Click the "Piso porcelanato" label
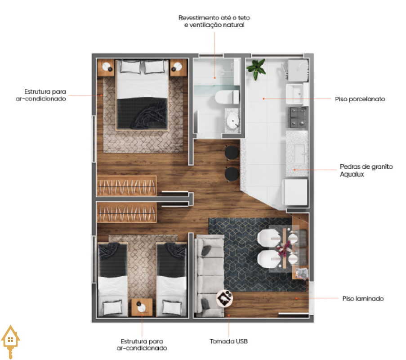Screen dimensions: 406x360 point(360,99)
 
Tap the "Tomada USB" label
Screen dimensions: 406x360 point(229,342)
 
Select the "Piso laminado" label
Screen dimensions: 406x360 point(363,298)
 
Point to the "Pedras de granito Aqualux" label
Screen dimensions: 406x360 point(366,170)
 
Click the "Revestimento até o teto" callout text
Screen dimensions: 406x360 point(214,18)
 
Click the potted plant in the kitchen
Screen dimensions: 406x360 point(256,69)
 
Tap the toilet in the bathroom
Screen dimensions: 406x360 point(227,97)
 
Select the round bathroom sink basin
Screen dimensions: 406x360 point(232,120)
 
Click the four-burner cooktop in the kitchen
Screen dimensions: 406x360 point(297,117)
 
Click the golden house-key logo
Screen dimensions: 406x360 point(10,342)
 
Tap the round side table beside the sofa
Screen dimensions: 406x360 point(224,298)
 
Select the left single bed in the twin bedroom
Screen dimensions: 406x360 point(112,279)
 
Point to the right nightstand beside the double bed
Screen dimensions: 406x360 point(178,67)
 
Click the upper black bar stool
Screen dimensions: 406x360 point(232,153)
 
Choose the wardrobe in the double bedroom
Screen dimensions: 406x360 point(127,186)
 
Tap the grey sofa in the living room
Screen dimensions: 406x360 point(210,276)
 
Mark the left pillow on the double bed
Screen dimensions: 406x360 point(130,67)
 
